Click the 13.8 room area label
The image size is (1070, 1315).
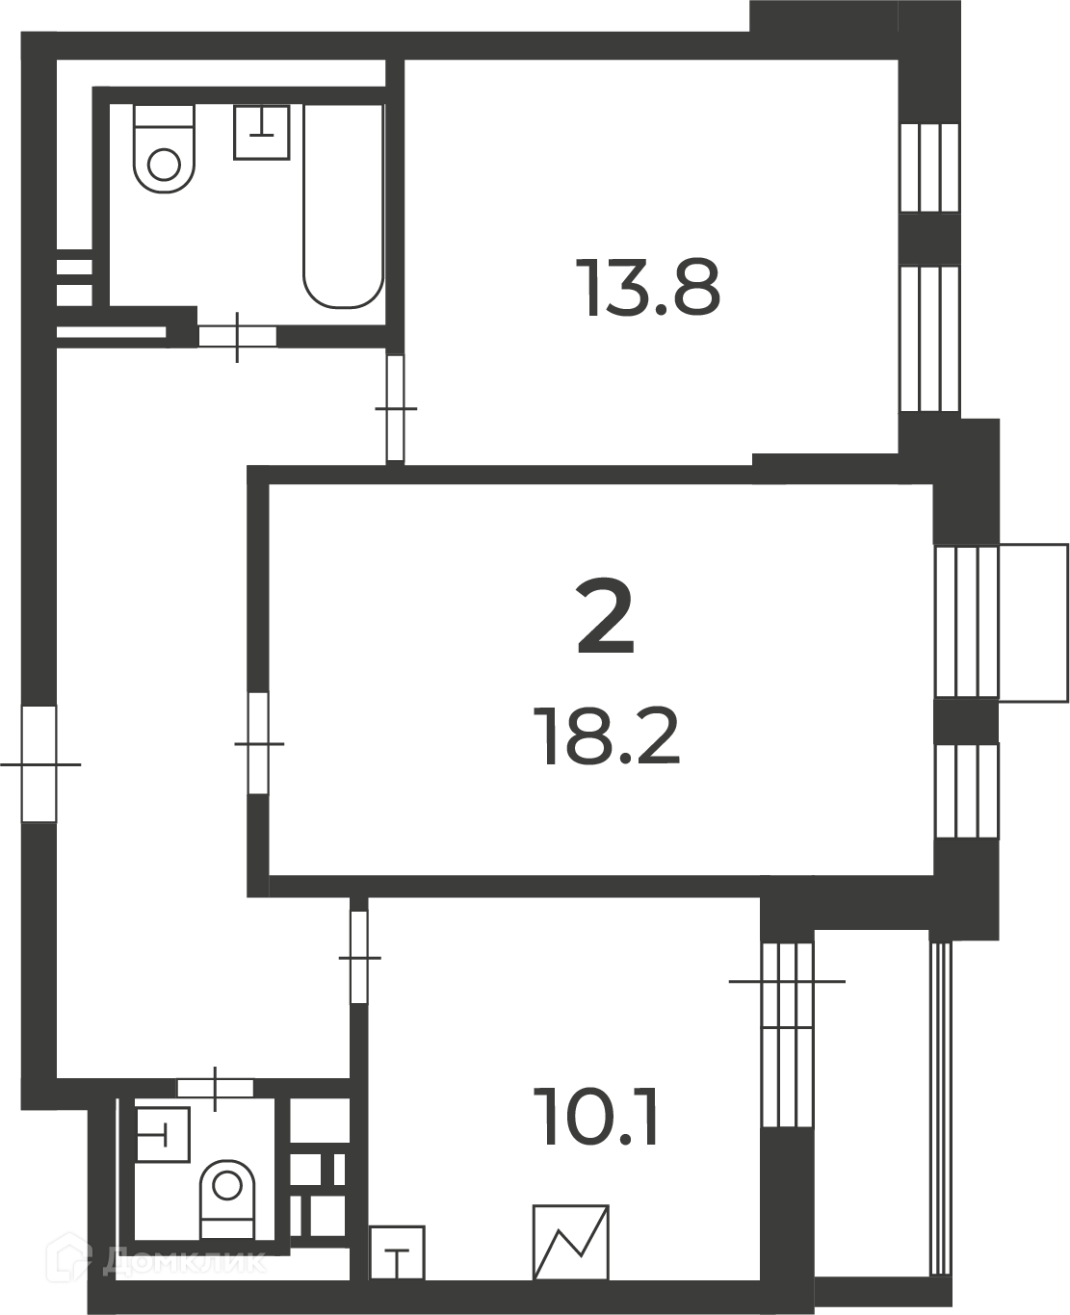pyautogui.click(x=647, y=288)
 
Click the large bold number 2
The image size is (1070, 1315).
pyautogui.click(x=605, y=617)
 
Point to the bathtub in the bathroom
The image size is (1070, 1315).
pyautogui.click(x=343, y=206)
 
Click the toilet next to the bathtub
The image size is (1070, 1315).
pyautogui.click(x=165, y=149)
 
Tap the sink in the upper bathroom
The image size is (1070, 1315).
pyautogui.click(x=262, y=132)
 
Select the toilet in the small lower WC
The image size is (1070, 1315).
pyautogui.click(x=227, y=1200)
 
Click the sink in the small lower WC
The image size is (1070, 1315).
pyautogui.click(x=163, y=1135)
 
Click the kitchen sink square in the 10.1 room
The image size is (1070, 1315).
pyautogui.click(x=398, y=1252)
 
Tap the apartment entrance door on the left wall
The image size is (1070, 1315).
pyautogui.click(x=39, y=764)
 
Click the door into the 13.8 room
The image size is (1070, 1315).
pyautogui.click(x=395, y=408)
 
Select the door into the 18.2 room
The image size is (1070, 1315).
pyautogui.click(x=258, y=743)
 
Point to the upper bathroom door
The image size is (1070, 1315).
pyautogui.click(x=237, y=337)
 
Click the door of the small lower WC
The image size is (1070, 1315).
pyautogui.click(x=216, y=1088)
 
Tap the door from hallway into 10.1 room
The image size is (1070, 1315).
pyautogui.click(x=358, y=958)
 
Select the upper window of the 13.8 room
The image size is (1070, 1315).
pyautogui.click(x=929, y=168)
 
